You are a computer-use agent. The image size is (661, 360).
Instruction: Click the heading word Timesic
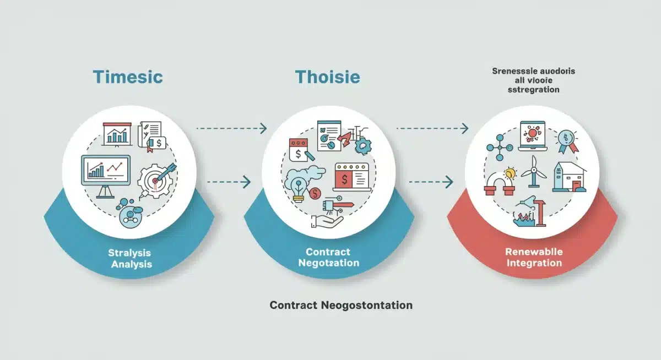point(128,77)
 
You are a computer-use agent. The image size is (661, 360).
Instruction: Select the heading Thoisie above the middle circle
point(327,77)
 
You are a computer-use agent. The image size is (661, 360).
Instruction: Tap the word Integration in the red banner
point(533,263)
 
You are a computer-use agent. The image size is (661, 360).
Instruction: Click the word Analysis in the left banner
point(132,264)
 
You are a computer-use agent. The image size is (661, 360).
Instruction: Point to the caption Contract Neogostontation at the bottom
point(341,304)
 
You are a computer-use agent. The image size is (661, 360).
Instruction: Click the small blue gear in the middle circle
point(363,145)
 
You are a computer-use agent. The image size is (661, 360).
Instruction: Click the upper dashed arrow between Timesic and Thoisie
point(231,128)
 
